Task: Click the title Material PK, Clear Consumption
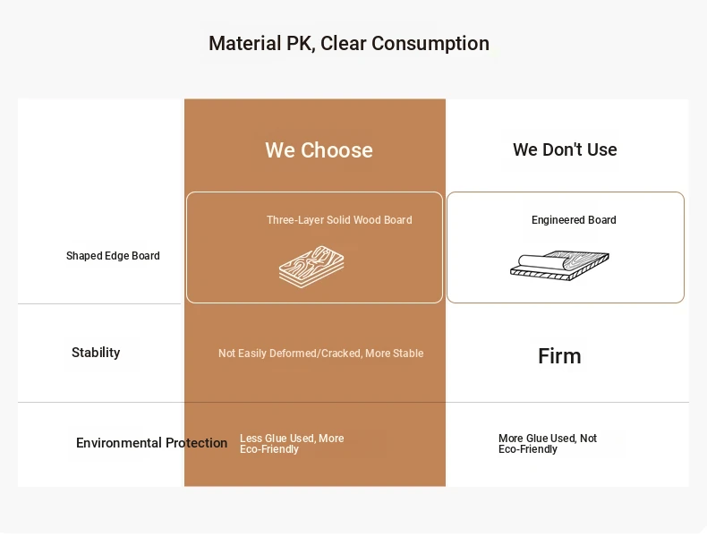tap(348, 44)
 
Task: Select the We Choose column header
tap(319, 150)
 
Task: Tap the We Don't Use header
tap(565, 149)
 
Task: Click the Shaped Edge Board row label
tap(113, 256)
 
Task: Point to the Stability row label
tap(96, 352)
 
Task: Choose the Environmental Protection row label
tap(151, 443)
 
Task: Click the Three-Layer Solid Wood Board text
tap(339, 220)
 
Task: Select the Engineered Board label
tap(574, 220)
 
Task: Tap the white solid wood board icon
tap(311, 267)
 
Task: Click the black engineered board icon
tap(559, 266)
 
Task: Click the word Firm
tap(559, 356)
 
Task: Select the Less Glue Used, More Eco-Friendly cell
tap(292, 444)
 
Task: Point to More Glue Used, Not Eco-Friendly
tap(548, 444)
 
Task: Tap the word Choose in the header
tap(336, 150)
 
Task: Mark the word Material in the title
tap(245, 43)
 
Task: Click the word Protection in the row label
tap(196, 443)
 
